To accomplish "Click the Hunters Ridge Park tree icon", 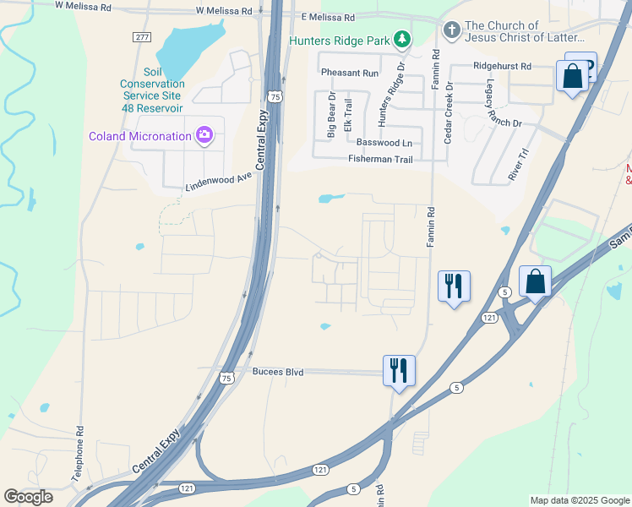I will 403,39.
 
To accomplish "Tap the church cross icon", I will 451,31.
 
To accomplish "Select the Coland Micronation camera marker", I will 204,135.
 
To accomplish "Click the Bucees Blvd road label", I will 278,371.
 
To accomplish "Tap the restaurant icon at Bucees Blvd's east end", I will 399,370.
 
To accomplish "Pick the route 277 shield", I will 142,37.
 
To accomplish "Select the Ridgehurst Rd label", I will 502,66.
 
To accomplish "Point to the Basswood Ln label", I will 384,143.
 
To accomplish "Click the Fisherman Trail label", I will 380,159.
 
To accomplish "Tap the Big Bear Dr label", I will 331,116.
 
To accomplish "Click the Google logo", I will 28,497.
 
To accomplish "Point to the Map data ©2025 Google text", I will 579,500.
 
